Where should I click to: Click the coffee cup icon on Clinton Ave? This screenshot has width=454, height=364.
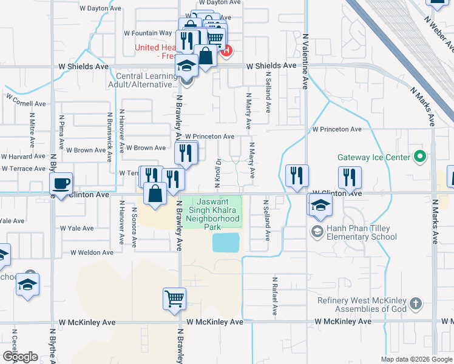61,183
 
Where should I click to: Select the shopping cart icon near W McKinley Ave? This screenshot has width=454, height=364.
174,298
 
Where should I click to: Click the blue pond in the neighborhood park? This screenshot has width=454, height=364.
226,243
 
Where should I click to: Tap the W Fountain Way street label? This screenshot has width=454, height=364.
148,33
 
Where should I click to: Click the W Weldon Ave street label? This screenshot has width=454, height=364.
92,252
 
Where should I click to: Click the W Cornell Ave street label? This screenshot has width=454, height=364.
26,99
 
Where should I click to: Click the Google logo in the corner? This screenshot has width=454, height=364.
20,357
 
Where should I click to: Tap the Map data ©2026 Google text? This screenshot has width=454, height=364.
416,359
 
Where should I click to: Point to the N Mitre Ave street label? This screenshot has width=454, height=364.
32,129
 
